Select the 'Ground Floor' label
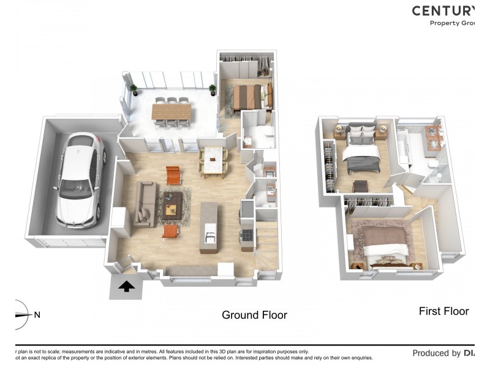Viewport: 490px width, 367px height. pyautogui.click(x=254, y=315)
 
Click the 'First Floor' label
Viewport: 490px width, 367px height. pyautogui.click(x=443, y=311)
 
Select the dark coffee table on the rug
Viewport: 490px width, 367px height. pyautogui.click(x=172, y=202)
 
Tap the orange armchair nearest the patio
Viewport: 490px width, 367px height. pyautogui.click(x=174, y=176)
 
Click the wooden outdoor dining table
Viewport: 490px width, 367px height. pyautogui.click(x=171, y=113)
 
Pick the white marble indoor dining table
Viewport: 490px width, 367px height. pyautogui.click(x=213, y=160)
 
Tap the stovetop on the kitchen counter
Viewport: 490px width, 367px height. pyautogui.click(x=247, y=235)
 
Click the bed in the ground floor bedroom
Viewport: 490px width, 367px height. pyautogui.click(x=248, y=96)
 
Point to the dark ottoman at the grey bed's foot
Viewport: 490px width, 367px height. pyautogui.click(x=360, y=186)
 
